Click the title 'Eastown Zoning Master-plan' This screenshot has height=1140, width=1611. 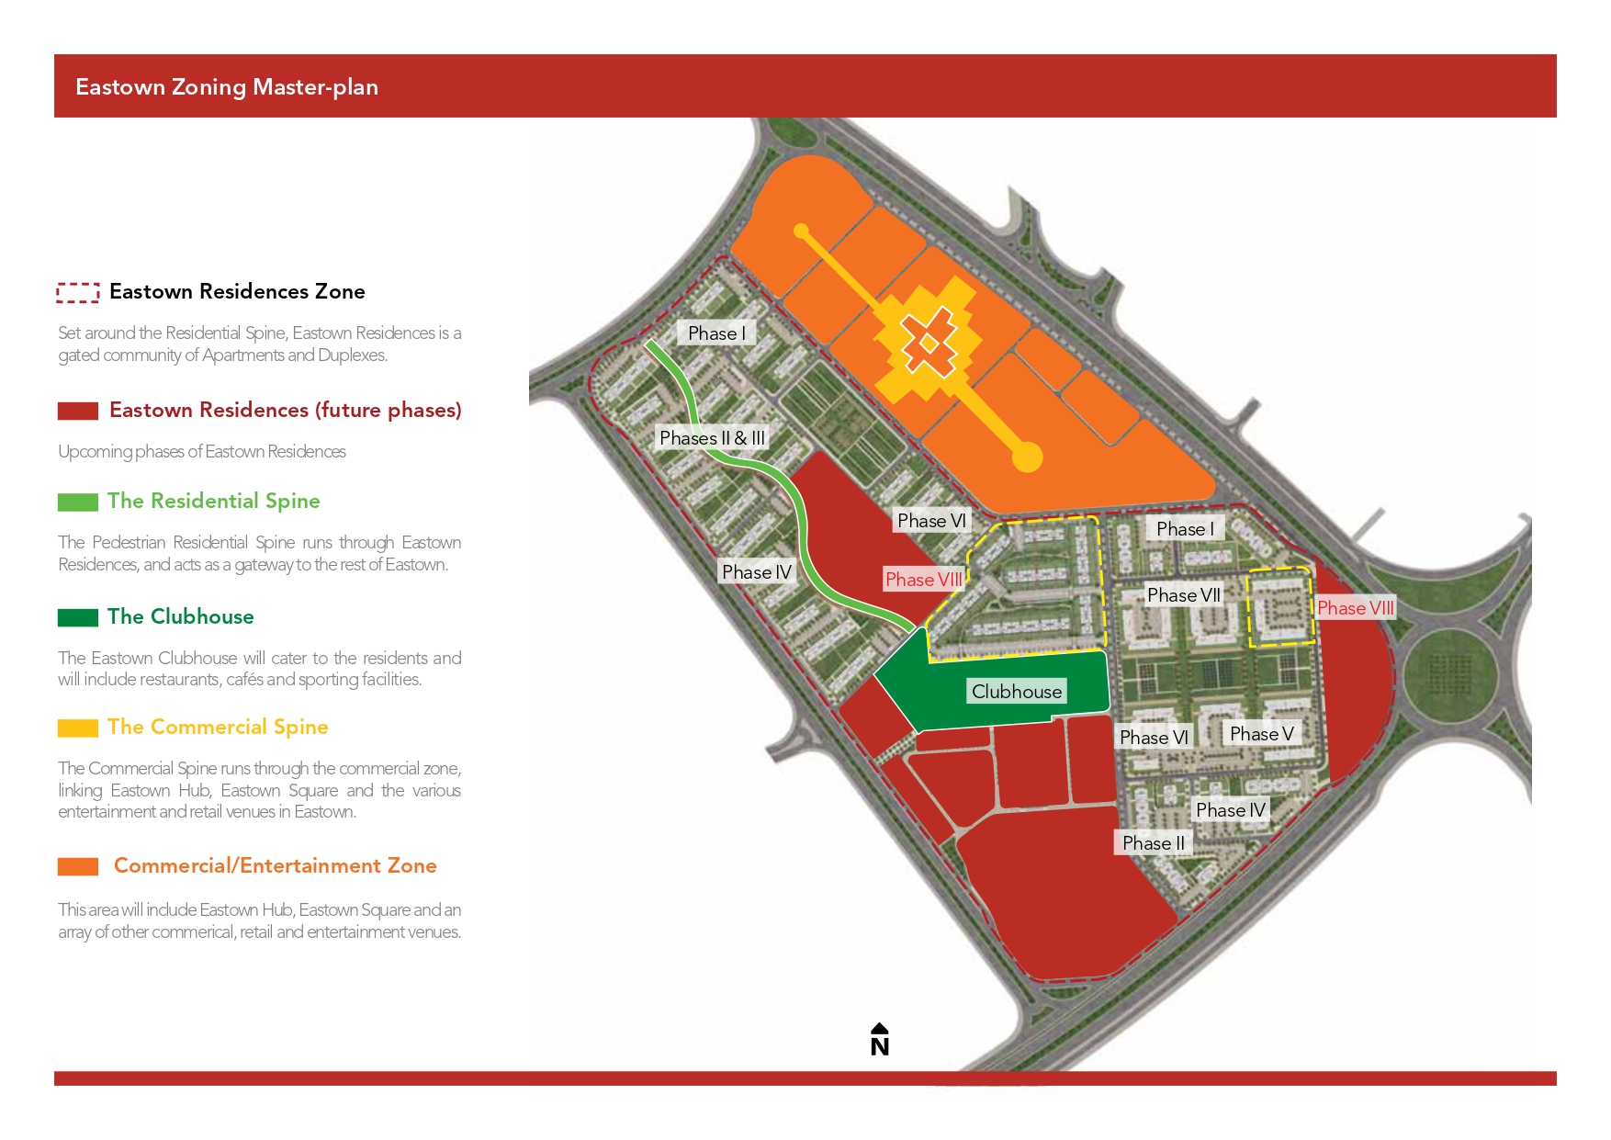[x=227, y=87]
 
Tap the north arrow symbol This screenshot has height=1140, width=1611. [x=879, y=1039]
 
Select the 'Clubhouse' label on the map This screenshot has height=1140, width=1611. [x=1016, y=692]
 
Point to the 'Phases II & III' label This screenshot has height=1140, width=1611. [x=712, y=438]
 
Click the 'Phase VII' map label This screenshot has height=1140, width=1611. [x=1183, y=595]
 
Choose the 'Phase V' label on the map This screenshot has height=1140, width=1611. [x=1261, y=734]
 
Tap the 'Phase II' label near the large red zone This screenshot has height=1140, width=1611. [x=1153, y=843]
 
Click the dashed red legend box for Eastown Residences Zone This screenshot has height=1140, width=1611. [x=78, y=293]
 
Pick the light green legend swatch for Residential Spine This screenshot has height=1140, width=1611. [x=78, y=502]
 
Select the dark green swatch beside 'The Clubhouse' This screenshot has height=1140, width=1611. [x=78, y=618]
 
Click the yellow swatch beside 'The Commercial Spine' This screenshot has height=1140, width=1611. [x=78, y=728]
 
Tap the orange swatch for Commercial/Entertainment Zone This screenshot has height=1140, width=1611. [x=78, y=866]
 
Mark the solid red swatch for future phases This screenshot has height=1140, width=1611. [x=78, y=411]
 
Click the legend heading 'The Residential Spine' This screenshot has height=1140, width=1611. [x=213, y=501]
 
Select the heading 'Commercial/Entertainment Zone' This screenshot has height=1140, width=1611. [x=275, y=865]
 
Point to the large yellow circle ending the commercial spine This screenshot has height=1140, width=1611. [x=1027, y=457]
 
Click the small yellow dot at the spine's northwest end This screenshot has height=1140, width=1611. [x=801, y=231]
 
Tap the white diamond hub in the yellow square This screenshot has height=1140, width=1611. [x=929, y=344]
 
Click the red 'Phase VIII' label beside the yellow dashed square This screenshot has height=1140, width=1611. [x=1355, y=608]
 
